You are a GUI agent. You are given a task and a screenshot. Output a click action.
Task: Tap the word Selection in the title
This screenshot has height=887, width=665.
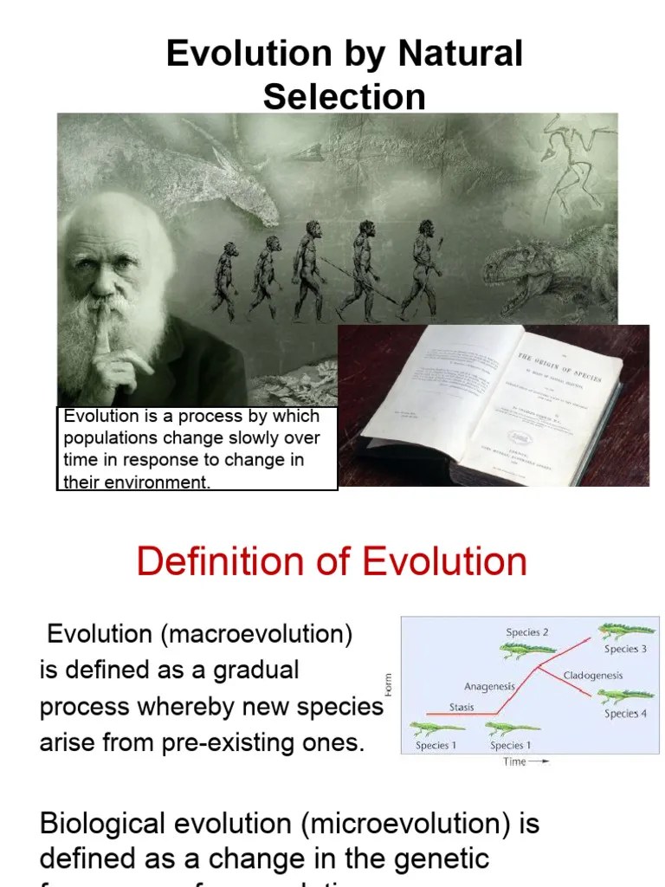[344, 96]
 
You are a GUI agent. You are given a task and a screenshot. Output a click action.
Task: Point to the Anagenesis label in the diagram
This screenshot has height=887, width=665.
[489, 687]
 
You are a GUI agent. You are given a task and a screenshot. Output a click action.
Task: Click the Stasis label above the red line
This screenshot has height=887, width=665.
[462, 707]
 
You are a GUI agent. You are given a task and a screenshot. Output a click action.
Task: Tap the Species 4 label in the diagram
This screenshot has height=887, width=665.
[625, 714]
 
